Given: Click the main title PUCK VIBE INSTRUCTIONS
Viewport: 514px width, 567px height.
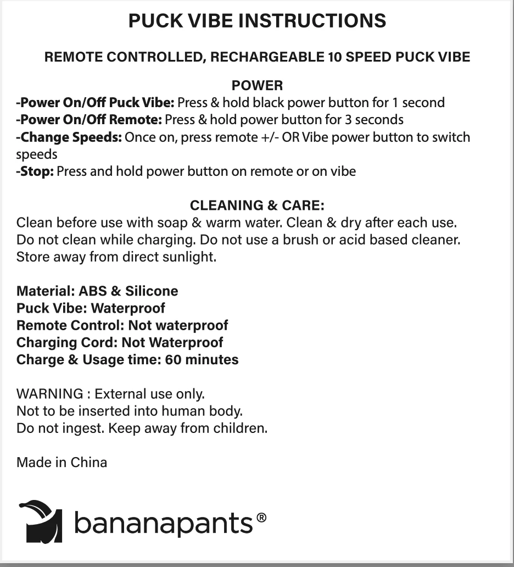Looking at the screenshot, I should pos(257,21).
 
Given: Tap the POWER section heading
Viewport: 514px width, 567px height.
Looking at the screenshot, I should pos(257,86).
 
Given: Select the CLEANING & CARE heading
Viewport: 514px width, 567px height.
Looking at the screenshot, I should pos(257,205).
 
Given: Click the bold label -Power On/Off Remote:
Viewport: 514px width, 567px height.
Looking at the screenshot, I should pos(89,119).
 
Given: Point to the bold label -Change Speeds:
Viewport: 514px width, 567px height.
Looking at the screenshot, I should pos(69,137).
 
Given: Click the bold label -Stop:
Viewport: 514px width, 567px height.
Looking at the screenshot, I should pos(35,171).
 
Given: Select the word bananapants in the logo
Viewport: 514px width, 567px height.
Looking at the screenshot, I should pos(163,522).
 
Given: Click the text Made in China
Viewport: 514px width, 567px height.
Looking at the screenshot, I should pos(62,462).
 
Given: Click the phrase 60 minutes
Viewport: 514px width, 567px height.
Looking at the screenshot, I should pos(202,360).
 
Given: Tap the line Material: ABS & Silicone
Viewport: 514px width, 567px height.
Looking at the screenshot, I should pos(97,291).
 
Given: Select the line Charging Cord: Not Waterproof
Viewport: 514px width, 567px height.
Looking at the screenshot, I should pos(120,342).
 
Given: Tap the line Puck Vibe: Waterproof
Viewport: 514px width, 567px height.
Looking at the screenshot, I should pos(91,308).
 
